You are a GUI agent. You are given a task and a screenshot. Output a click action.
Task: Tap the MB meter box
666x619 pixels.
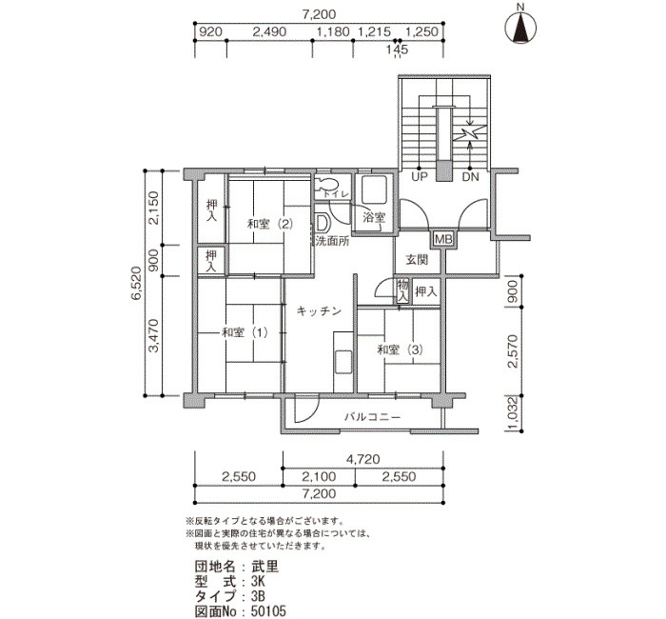tap(442, 239)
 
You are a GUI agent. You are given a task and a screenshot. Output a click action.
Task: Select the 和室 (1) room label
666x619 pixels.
tap(245, 332)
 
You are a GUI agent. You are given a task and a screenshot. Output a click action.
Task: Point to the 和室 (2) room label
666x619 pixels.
tap(270, 224)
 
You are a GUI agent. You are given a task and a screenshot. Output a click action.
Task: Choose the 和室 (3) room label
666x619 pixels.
tap(401, 349)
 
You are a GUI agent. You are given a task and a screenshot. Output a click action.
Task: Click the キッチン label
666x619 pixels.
tap(319, 311)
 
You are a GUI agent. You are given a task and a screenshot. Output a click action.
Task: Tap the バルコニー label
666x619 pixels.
tap(372, 417)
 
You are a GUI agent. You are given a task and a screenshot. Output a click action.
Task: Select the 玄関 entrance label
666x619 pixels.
tap(417, 259)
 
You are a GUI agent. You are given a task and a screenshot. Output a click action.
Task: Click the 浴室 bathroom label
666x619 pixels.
tap(374, 217)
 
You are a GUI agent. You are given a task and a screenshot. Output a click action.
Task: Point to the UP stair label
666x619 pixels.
tap(420, 177)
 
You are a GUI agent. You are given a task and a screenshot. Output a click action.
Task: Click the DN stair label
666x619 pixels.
tap(470, 177)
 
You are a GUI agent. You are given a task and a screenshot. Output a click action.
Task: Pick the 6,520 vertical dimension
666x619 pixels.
tap(136, 283)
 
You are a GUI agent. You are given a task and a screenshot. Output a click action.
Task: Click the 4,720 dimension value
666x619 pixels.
tap(362, 459)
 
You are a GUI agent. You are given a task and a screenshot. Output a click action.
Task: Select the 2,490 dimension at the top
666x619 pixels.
tap(269, 31)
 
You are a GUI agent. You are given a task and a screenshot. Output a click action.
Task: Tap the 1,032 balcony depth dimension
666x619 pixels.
tap(514, 413)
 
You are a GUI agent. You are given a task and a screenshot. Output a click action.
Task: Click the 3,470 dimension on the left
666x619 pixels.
tap(153, 336)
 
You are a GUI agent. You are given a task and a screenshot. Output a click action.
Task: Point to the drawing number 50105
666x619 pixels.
tap(268, 611)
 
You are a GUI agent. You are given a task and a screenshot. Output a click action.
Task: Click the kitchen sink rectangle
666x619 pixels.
tap(343, 362)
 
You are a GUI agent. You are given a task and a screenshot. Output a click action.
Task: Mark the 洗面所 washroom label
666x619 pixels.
tap(333, 241)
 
